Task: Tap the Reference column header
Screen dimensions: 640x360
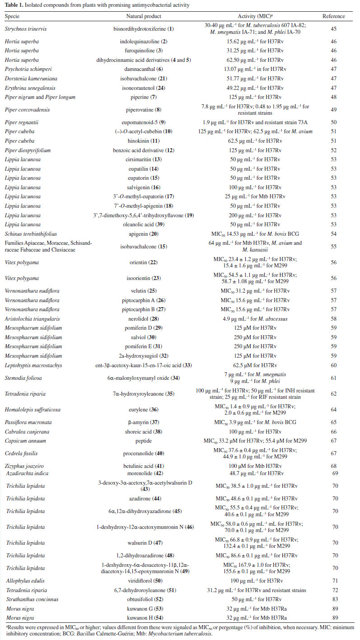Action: pos(333,16)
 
